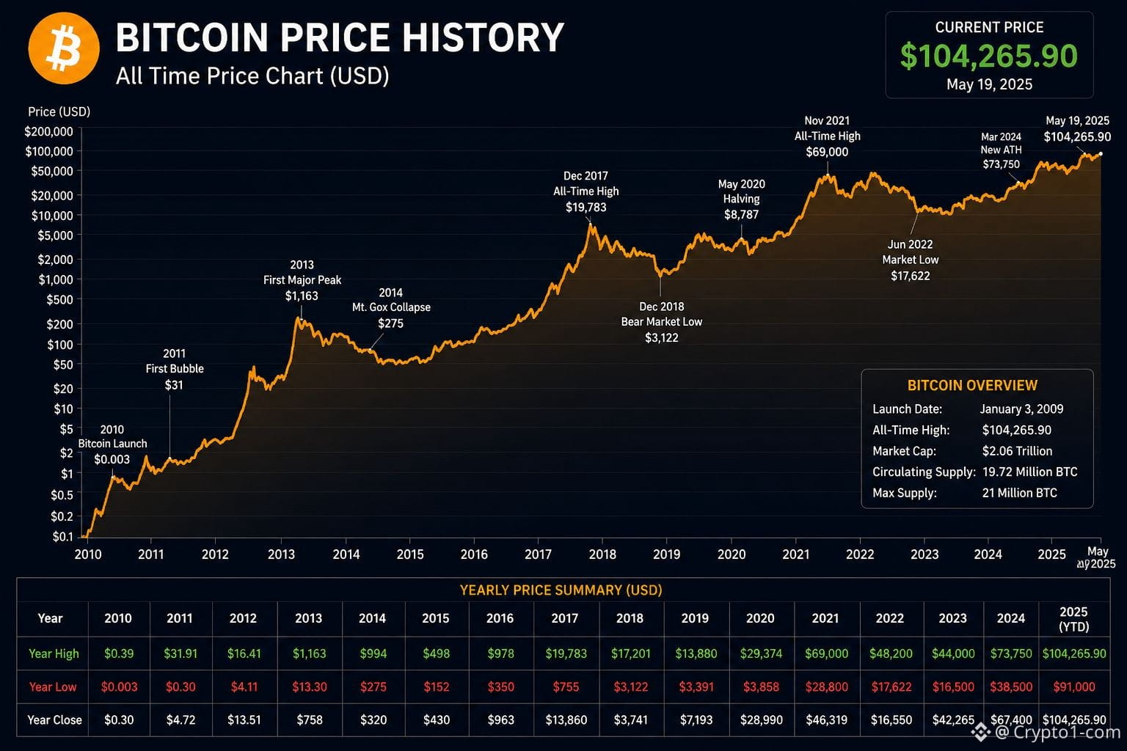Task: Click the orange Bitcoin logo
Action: coord(64,48)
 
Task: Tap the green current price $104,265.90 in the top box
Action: coord(988,56)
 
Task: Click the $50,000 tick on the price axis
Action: coord(52,171)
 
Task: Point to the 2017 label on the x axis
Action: coord(538,554)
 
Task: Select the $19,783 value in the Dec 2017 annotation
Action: coord(586,208)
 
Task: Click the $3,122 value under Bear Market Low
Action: coord(661,338)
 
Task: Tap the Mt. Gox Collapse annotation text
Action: coord(391,307)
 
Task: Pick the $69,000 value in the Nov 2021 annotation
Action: coord(827,152)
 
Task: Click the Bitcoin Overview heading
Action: coord(972,385)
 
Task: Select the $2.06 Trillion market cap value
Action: coord(1017,451)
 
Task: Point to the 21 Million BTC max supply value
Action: coord(1019,493)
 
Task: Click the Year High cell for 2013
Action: coord(309,653)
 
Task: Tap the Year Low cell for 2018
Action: coord(630,686)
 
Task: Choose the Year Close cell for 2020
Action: coord(761,719)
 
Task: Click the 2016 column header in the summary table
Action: coord(500,618)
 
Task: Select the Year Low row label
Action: coord(53,686)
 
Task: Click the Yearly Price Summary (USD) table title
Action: coord(561,590)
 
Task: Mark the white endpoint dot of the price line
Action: coord(1101,154)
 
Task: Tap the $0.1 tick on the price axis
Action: coord(63,537)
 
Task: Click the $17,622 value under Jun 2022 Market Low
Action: coord(910,276)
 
